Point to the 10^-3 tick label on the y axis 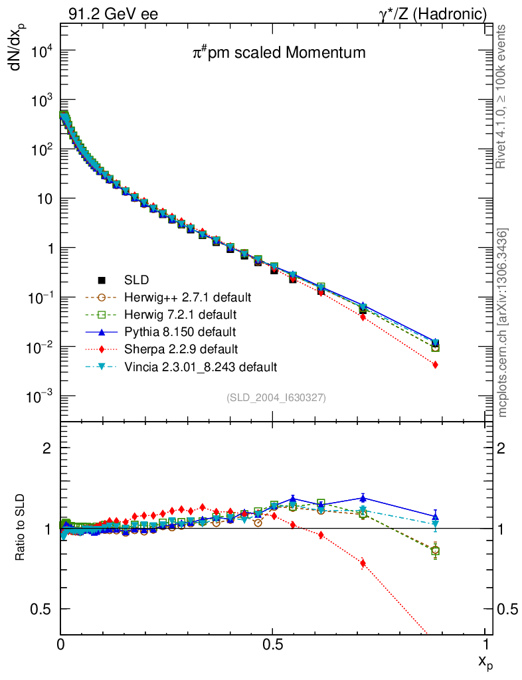43,396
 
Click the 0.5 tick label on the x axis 273,645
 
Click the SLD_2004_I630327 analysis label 276,397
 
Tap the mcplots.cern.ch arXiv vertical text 503,323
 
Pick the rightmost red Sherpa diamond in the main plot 435,365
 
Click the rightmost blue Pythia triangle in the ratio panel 435,516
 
